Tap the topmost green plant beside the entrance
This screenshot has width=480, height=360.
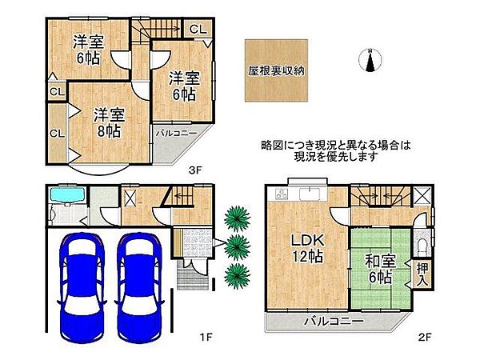235,217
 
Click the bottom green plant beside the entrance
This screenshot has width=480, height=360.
235,275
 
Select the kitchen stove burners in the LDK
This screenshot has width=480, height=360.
281,194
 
